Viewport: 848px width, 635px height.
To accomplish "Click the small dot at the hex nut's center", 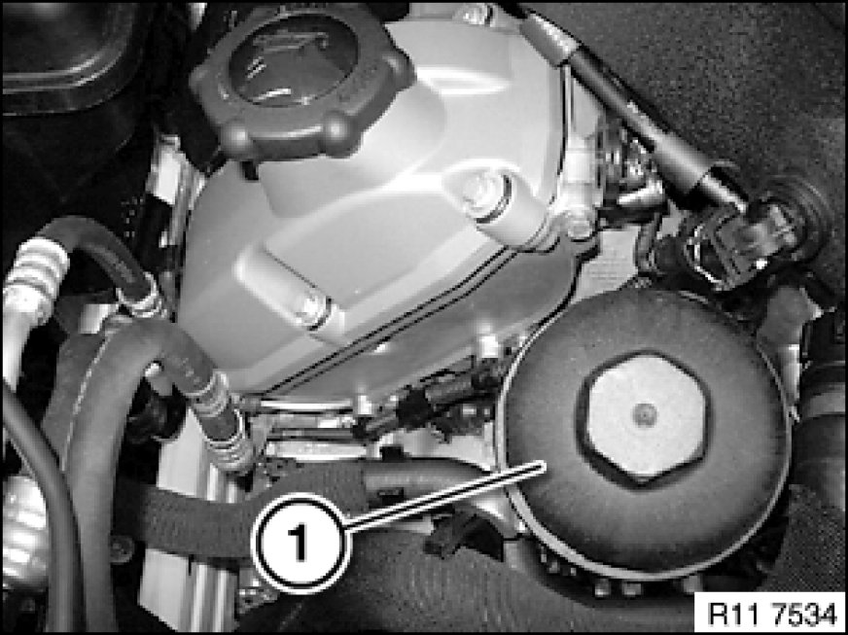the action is (645, 415).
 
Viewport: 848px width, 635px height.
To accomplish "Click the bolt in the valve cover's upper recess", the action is (483, 194).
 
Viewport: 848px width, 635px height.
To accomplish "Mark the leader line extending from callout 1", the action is (443, 495).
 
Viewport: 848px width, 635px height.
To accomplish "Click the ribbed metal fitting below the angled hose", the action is (230, 441).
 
